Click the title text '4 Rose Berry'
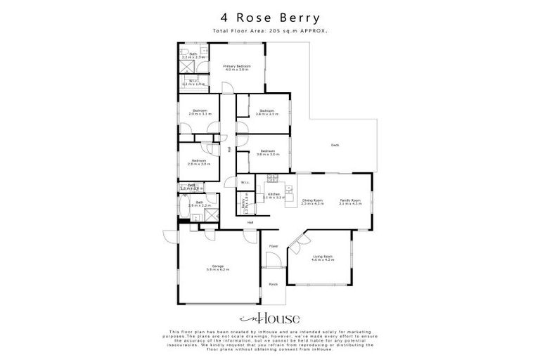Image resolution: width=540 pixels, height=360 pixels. tap(269, 18)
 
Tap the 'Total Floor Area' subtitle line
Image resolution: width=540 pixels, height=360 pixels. tap(269, 31)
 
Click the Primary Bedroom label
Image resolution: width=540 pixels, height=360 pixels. tap(237, 67)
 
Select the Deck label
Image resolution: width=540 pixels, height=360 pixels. tap(335, 146)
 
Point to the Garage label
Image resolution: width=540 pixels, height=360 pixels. tap(217, 268)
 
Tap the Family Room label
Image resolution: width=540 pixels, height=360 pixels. tap(349, 202)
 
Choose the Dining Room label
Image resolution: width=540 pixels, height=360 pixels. tap(312, 202)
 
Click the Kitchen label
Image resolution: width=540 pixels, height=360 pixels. tap(274, 195)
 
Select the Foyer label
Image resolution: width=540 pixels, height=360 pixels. tap(274, 246)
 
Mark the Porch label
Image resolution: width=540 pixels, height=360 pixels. tap(273, 284)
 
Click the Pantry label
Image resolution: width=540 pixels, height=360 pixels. tap(245, 207)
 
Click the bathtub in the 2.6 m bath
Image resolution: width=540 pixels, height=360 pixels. tap(184, 208)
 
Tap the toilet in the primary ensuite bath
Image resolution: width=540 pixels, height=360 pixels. tap(204, 52)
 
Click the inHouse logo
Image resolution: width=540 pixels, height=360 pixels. tap(269, 317)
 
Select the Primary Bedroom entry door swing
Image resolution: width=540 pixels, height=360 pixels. tap(228, 87)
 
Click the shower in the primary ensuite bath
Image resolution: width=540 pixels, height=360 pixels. tap(187, 65)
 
